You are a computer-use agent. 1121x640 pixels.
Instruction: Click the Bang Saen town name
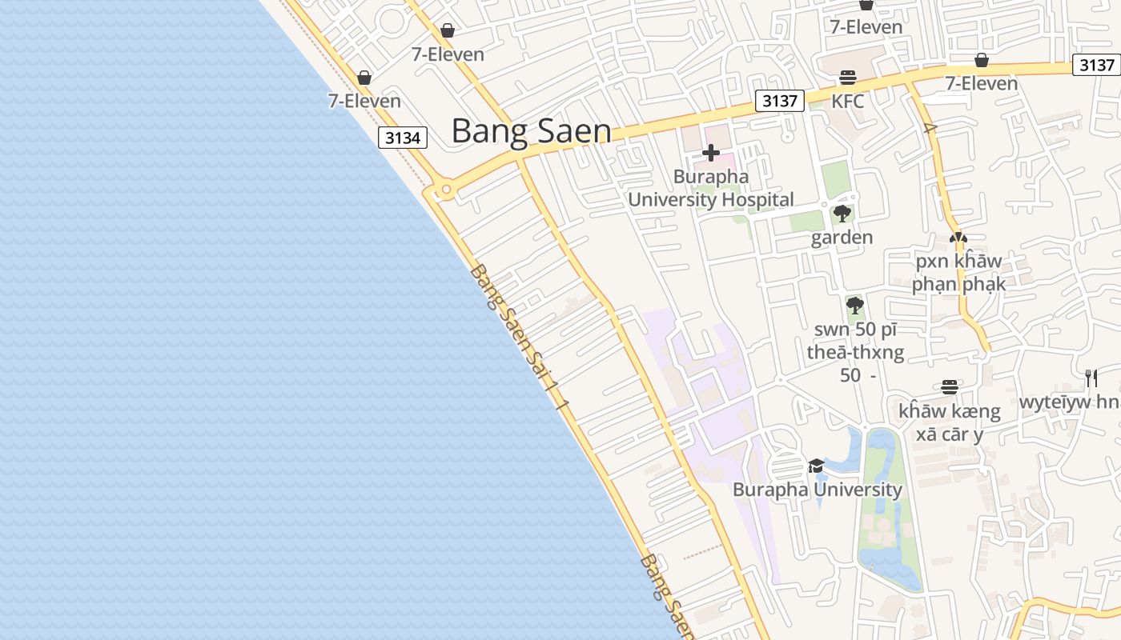531,131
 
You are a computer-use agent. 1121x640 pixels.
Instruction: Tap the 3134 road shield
403,138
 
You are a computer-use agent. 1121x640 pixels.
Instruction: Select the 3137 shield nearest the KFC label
780,101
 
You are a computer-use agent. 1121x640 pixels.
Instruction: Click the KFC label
848,102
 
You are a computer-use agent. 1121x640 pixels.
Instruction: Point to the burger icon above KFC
848,78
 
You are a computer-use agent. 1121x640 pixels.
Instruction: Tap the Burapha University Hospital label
711,188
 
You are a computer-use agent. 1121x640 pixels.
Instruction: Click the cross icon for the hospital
711,153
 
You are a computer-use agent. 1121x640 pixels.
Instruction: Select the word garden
842,238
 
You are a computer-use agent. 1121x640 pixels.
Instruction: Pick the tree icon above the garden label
842,214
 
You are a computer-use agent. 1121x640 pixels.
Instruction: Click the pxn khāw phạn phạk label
958,273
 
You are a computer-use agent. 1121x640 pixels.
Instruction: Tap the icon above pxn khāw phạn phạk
958,238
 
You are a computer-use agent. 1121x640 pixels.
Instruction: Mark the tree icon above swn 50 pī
855,305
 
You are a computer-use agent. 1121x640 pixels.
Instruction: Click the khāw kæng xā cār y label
950,423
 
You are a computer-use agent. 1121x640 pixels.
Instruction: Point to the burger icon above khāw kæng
950,387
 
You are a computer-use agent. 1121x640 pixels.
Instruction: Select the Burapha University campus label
818,490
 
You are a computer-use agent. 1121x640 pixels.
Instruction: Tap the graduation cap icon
816,466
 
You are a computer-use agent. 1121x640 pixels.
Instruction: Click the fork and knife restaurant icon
1091,378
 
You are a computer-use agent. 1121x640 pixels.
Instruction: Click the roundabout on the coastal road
446,190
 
